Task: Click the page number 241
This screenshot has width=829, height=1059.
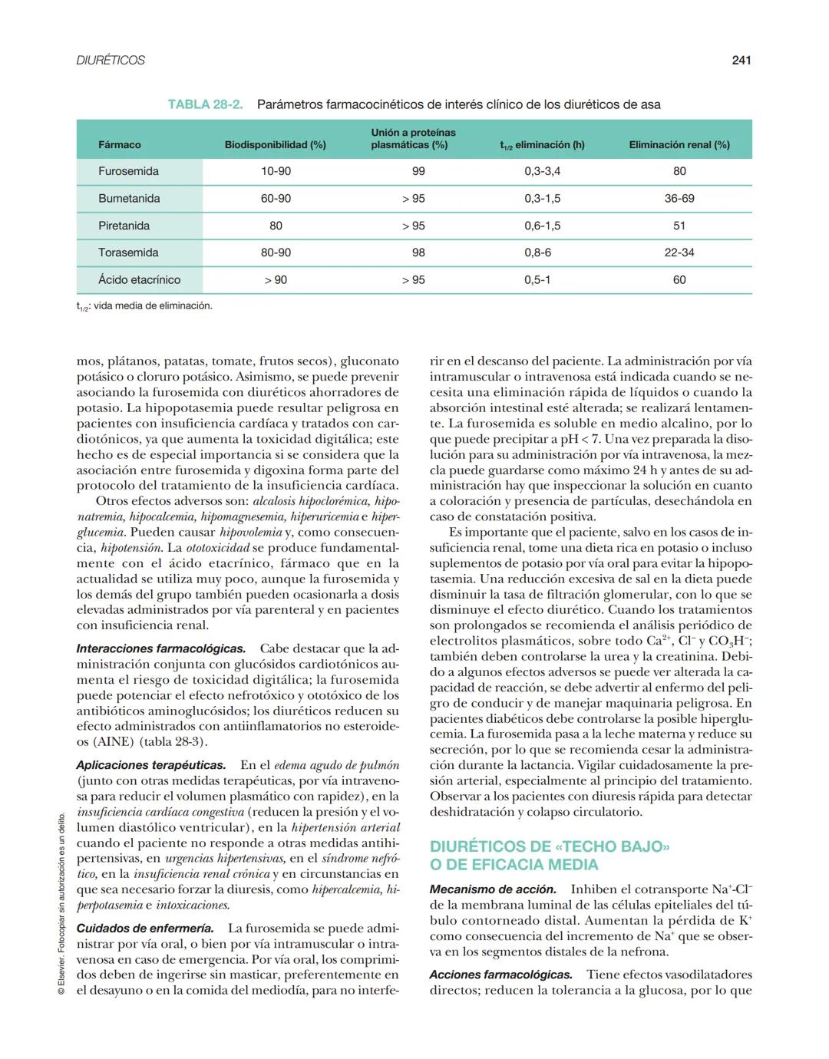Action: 741,60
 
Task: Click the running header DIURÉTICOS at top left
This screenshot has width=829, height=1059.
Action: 111,60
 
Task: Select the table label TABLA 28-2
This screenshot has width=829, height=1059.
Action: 205,104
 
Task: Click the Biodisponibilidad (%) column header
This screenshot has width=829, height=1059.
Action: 275,144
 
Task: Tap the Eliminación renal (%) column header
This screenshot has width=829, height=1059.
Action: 679,144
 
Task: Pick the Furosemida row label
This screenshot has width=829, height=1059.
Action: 128,171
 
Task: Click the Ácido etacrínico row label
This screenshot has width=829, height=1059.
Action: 138,280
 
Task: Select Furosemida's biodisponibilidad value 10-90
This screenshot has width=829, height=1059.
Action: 276,171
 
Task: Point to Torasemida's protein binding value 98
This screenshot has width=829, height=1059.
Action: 418,252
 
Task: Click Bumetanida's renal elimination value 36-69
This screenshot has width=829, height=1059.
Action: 679,199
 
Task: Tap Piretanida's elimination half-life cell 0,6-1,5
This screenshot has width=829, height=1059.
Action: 542,226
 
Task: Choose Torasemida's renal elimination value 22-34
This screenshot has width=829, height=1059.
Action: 679,252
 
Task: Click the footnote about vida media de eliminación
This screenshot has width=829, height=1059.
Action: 144,306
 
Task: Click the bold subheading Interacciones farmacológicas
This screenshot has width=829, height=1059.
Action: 161,649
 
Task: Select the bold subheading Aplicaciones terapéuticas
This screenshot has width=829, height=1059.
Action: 151,765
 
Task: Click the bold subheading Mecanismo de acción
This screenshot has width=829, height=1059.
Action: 493,889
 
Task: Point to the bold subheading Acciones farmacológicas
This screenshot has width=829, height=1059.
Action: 500,975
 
